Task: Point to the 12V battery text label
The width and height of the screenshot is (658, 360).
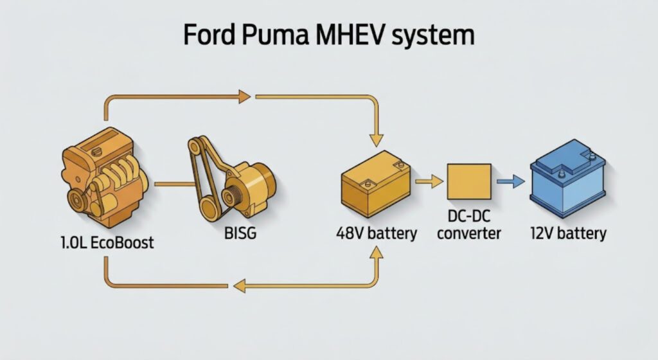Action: pyautogui.click(x=568, y=232)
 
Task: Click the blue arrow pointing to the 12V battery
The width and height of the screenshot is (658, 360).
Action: pyautogui.click(x=511, y=182)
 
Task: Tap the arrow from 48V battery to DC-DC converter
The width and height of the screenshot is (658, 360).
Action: pyautogui.click(x=429, y=182)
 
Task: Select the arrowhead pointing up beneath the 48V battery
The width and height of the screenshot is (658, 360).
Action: pyautogui.click(x=376, y=252)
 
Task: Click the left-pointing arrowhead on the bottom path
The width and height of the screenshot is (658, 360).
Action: pyautogui.click(x=239, y=285)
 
